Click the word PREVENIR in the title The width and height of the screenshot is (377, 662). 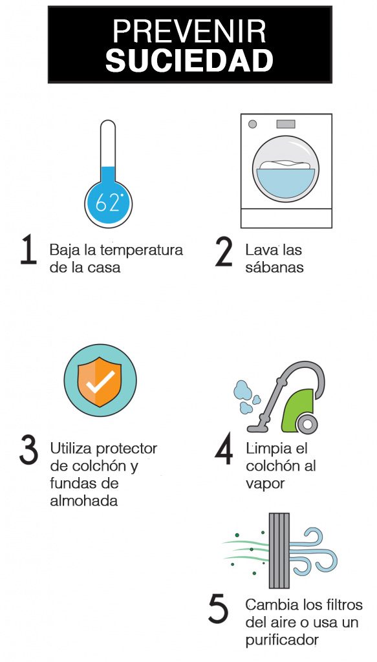189,32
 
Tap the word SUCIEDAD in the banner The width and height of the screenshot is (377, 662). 189,61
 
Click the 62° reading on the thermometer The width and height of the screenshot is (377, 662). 108,202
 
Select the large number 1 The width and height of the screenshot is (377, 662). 28,251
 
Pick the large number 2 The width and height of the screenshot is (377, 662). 224,251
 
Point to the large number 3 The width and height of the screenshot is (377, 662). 29,451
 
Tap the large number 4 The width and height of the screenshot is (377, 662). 224,449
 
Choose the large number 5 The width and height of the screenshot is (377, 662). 219,610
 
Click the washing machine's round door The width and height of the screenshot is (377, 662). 285,169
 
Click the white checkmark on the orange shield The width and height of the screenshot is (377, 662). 100,383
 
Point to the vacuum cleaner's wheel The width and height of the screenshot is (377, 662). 307,424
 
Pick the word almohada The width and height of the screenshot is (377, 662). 83,501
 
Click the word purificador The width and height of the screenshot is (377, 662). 282,641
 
